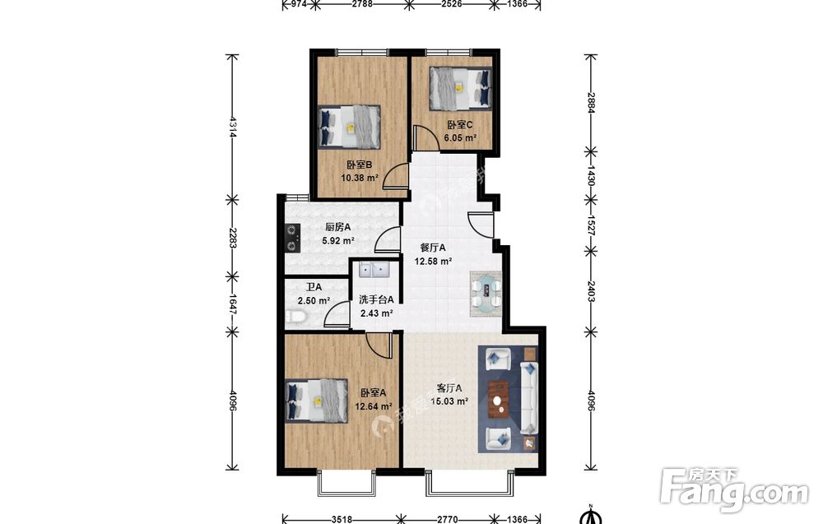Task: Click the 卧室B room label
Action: coord(360,165)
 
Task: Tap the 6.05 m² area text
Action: coord(460,138)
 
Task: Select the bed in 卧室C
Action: coord(461,88)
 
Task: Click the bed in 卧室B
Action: coord(349,127)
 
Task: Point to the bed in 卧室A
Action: coord(317,401)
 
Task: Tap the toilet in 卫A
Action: coord(296,316)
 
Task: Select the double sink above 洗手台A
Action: coord(374,270)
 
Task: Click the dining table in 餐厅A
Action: coord(486,294)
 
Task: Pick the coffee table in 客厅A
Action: coord(498,399)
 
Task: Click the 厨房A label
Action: coord(338,227)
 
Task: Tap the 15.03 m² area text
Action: coord(449,401)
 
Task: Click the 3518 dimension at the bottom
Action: coord(342,519)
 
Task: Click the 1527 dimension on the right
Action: coord(590,224)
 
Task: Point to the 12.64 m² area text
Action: coord(374,406)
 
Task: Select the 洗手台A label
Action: coord(376,300)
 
